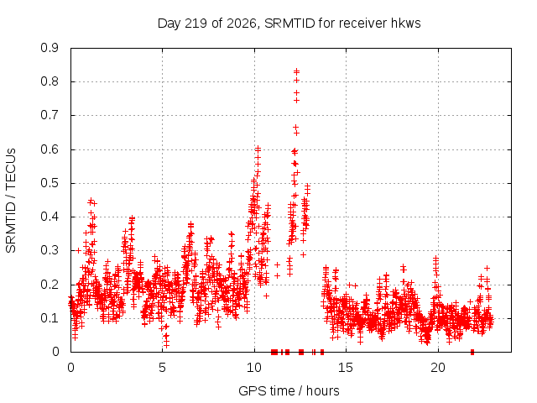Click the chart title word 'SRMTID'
click(289, 24)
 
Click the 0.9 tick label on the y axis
click(50, 48)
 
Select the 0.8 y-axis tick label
click(50, 81)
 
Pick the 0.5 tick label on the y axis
click(50, 183)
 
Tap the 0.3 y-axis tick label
click(50, 250)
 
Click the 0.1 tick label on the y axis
click(50, 318)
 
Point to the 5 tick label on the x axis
click(162, 368)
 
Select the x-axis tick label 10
click(254, 368)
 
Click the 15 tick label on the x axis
click(346, 368)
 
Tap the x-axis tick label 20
click(438, 368)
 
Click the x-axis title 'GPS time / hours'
click(289, 390)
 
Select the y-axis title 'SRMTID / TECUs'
click(11, 201)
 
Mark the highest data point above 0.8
click(296, 71)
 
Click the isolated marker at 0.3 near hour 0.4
click(78, 250)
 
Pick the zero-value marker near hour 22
click(472, 352)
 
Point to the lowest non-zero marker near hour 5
click(166, 345)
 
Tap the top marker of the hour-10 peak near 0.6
click(258, 149)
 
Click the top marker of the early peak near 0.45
click(91, 200)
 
